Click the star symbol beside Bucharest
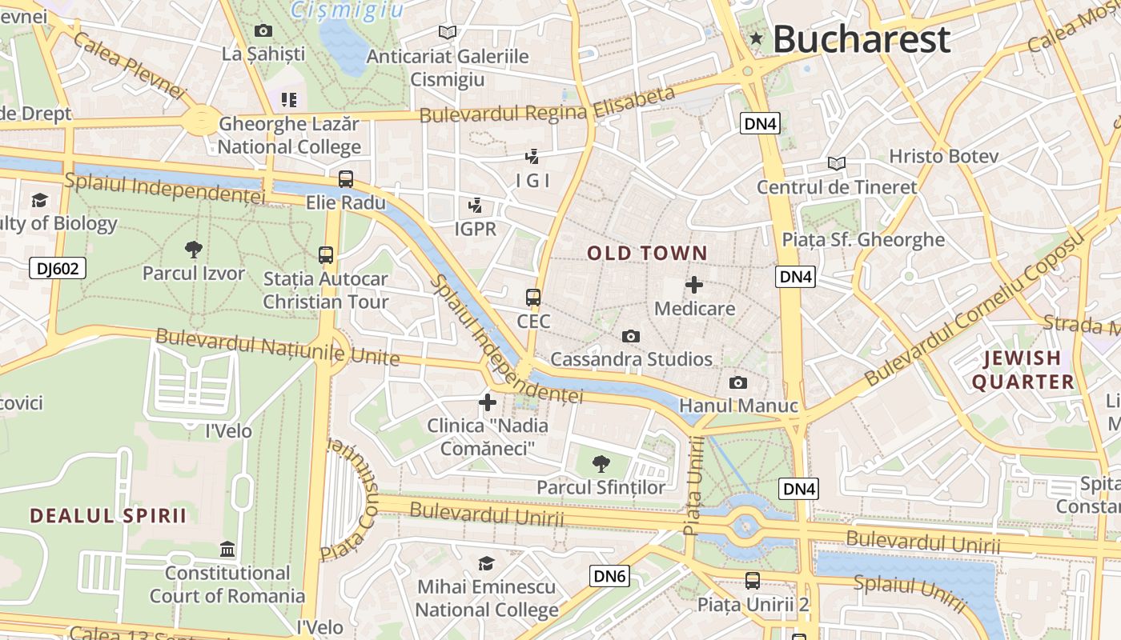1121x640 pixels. tap(756, 38)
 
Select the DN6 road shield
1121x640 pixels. tap(610, 575)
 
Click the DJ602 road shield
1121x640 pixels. tap(58, 268)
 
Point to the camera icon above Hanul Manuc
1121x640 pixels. tap(738, 383)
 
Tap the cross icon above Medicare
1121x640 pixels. tap(694, 285)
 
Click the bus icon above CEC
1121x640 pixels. tap(533, 298)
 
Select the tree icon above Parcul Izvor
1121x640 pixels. tap(193, 250)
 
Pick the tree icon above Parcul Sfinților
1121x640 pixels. tap(601, 464)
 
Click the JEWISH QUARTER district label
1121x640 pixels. tap(1023, 370)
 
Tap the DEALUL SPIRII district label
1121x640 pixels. tap(108, 515)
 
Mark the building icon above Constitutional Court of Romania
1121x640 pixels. tap(227, 550)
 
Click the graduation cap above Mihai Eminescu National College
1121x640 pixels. tap(486, 564)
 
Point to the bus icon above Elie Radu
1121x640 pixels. tap(346, 179)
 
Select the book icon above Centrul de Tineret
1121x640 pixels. tap(837, 164)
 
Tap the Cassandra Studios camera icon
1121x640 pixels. tap(631, 336)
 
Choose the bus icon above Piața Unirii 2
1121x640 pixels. tap(753, 581)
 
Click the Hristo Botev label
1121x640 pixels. tap(944, 156)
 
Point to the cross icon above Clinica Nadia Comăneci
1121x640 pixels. tap(487, 402)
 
